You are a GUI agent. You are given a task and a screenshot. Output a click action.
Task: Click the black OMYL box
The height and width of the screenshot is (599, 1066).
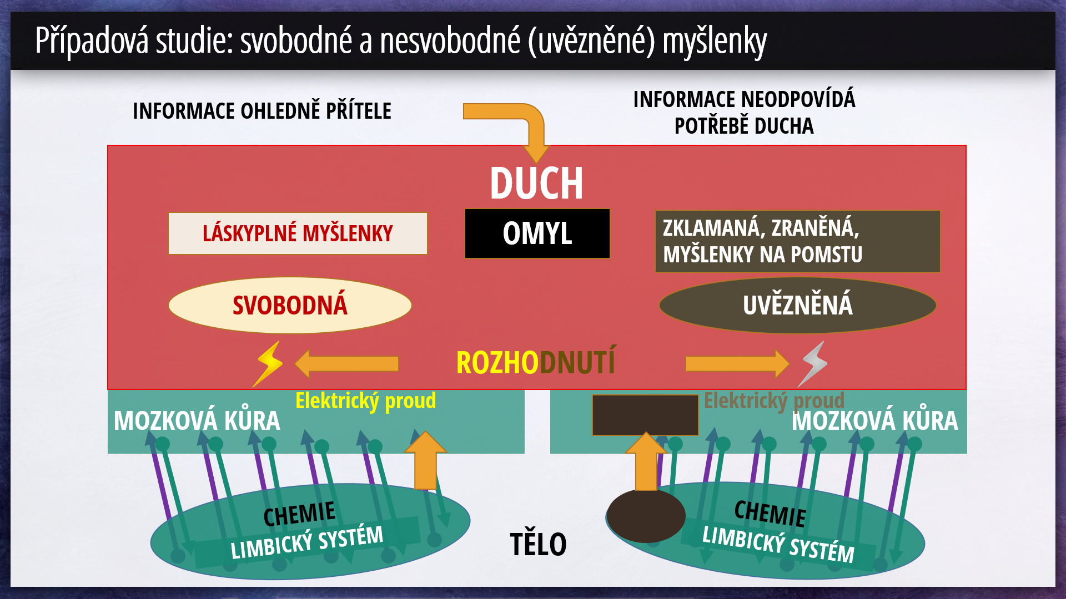click(x=537, y=233)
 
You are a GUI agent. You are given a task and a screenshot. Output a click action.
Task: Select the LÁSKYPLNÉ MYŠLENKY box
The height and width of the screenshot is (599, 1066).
click(x=298, y=233)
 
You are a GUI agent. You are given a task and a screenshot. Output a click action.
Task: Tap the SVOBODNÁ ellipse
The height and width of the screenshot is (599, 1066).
click(x=290, y=305)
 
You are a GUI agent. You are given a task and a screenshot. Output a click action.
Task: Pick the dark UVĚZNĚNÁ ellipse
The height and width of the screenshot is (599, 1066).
click(x=797, y=305)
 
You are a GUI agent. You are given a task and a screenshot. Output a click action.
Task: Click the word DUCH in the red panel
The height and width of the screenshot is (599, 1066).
click(x=536, y=183)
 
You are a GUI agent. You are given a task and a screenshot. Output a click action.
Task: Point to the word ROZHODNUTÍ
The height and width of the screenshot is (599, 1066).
click(x=536, y=362)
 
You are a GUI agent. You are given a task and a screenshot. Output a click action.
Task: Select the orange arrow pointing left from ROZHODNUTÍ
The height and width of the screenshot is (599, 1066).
click(x=347, y=364)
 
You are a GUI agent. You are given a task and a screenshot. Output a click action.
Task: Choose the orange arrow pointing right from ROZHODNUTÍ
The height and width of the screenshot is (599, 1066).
click(x=737, y=364)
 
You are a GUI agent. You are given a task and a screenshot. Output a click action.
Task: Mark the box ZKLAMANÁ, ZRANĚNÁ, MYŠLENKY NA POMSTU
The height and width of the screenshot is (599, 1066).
click(x=797, y=241)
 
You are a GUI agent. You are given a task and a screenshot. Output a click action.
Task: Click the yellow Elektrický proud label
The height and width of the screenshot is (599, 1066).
click(x=365, y=400)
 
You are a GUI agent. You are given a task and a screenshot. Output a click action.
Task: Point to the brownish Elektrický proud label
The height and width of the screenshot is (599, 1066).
click(x=774, y=400)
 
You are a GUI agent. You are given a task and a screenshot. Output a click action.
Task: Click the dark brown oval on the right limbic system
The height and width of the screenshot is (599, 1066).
click(x=646, y=516)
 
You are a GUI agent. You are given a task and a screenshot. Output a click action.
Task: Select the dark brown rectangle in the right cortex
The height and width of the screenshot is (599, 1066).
click(x=645, y=415)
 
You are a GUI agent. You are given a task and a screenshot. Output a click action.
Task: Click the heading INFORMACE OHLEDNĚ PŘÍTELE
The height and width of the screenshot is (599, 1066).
click(x=262, y=111)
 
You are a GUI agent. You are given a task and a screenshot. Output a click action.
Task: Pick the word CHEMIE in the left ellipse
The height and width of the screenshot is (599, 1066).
click(x=299, y=514)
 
